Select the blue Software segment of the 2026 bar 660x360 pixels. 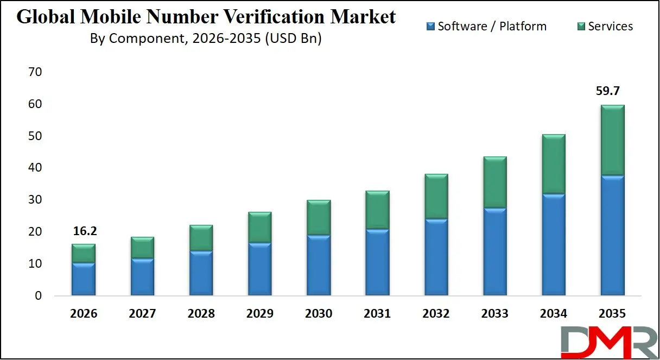tap(83, 279)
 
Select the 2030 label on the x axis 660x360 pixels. tap(319, 314)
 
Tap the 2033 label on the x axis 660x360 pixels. tap(495, 314)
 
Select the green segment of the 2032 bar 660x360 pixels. tap(436, 197)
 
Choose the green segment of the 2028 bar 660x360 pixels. tap(201, 238)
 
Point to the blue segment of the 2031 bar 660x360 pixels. tap(377, 262)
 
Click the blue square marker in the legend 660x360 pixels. tap(431, 26)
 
